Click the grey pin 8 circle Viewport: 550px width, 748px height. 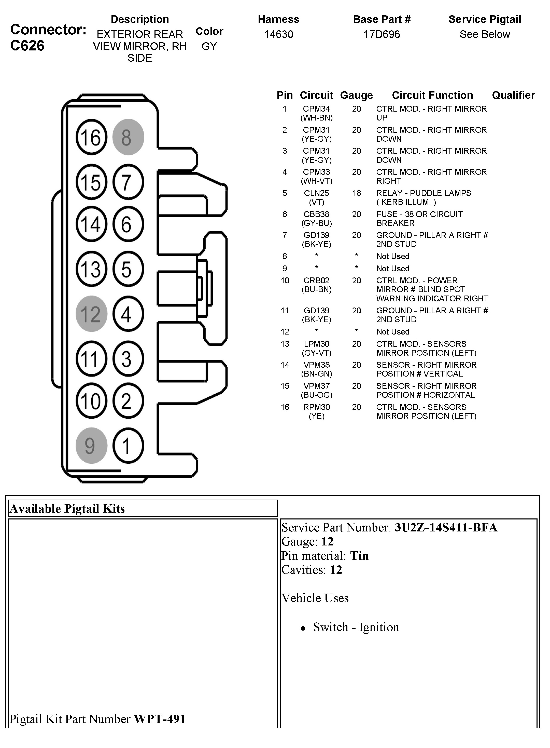pos(128,137)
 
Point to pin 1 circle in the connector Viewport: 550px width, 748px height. pos(128,446)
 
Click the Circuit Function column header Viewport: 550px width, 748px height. pos(432,95)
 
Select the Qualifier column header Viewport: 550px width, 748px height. pos(513,95)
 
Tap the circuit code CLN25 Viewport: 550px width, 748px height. pos(316,193)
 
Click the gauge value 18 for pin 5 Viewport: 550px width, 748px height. pos(357,193)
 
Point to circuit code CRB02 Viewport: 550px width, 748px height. pos(316,280)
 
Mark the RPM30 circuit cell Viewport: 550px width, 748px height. pos(316,407)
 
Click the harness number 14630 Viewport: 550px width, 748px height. pos(279,34)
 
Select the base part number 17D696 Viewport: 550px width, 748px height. pos(382,34)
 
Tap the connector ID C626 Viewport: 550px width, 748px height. pos(27,46)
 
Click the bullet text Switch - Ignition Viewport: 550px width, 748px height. pos(356,627)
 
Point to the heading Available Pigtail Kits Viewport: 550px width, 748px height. pos(68,509)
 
